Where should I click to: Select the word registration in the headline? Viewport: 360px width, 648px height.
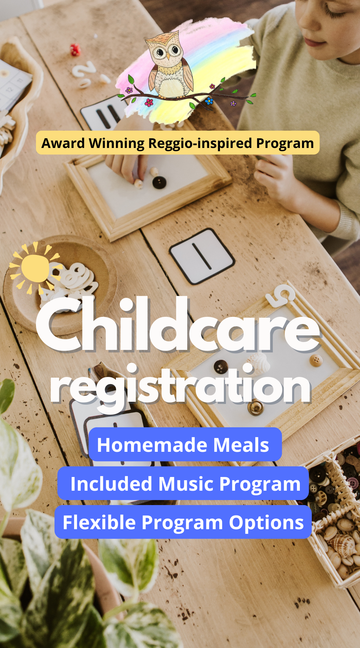click(x=180, y=387)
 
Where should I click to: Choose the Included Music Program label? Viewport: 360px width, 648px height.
click(x=183, y=483)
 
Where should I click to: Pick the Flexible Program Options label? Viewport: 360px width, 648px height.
click(x=183, y=522)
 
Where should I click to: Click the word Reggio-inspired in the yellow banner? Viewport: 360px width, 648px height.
click(x=200, y=143)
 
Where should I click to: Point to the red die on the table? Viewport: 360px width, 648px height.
click(x=75, y=50)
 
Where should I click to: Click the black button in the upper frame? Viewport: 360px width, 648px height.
click(x=159, y=182)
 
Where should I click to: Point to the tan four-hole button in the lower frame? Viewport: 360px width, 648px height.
click(x=316, y=360)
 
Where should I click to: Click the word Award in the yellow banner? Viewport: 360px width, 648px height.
click(x=63, y=143)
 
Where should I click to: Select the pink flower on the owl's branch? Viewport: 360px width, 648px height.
click(x=149, y=103)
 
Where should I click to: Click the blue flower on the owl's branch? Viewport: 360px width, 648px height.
click(x=209, y=101)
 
